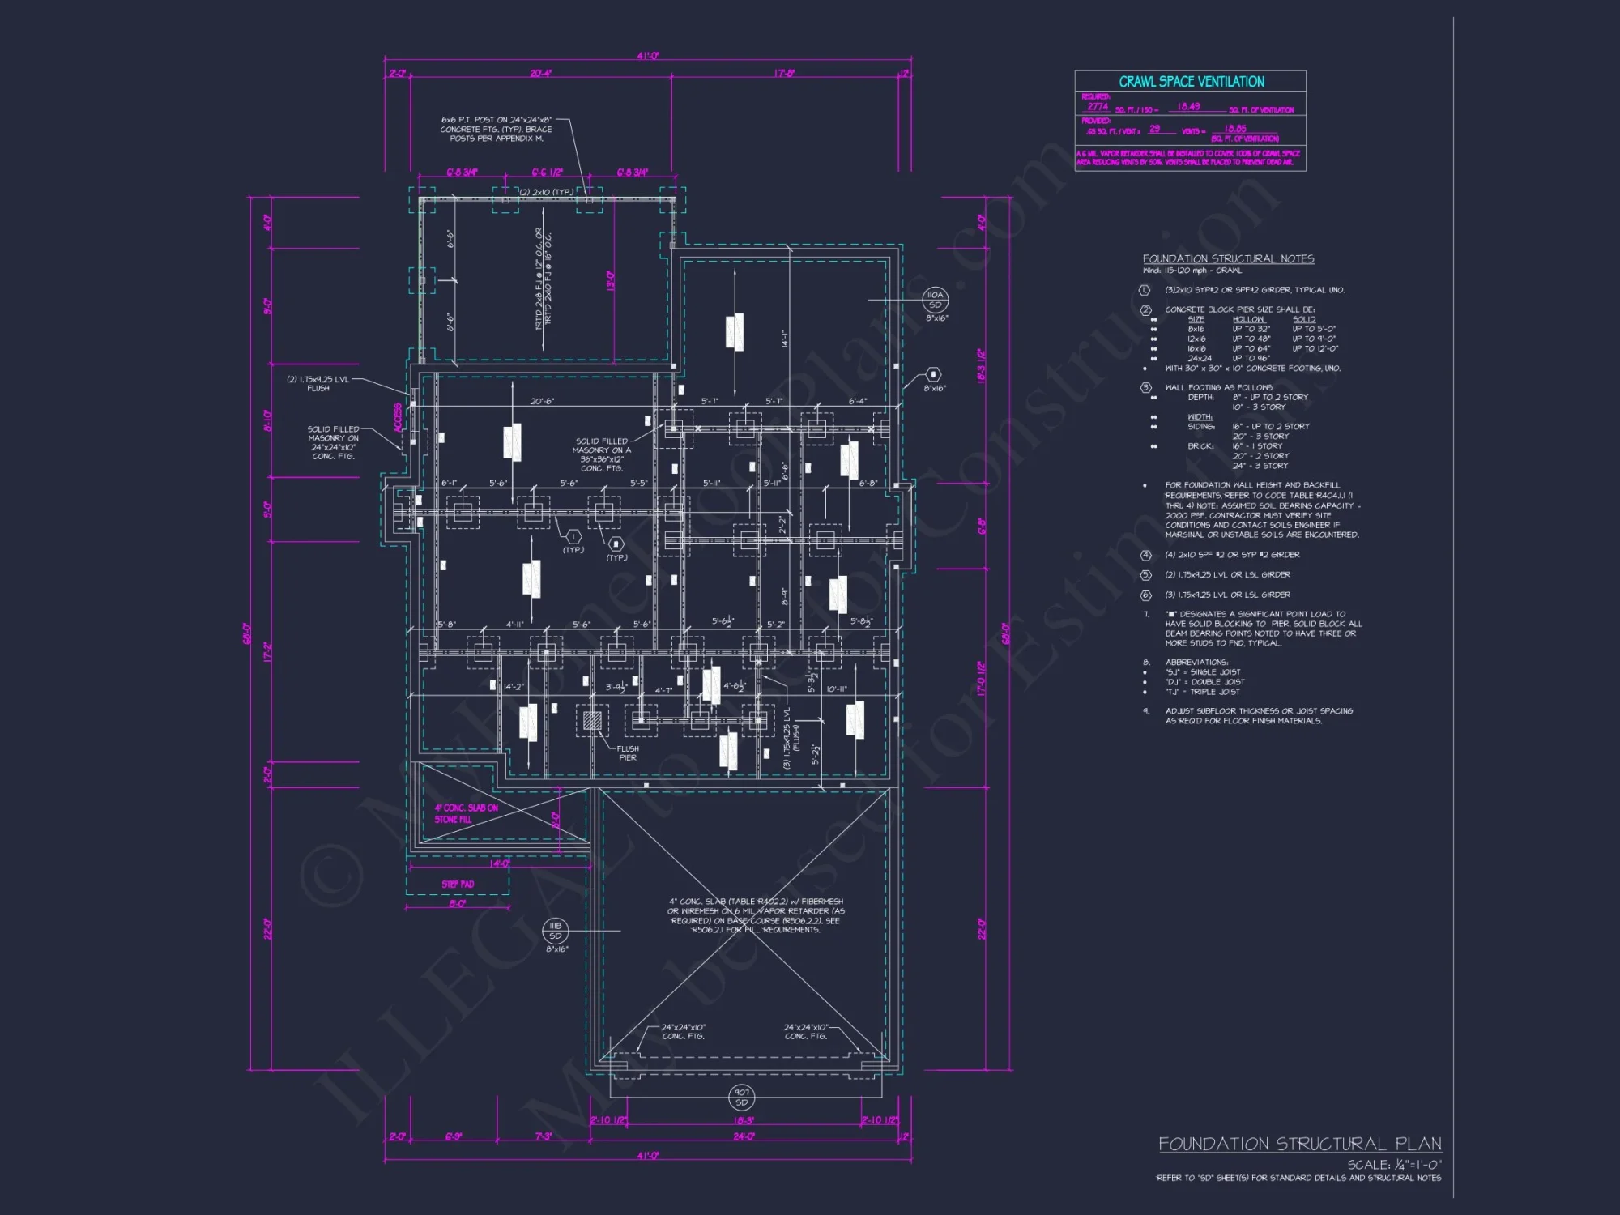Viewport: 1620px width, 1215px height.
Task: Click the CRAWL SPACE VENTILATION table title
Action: (x=1191, y=82)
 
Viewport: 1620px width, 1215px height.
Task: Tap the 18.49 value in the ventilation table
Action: (x=1188, y=107)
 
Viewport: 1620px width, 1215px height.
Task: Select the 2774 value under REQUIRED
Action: (x=1098, y=107)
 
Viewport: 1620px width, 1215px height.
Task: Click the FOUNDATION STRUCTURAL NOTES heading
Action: (x=1228, y=259)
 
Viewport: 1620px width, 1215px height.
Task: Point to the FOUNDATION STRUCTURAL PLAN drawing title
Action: (x=1299, y=1144)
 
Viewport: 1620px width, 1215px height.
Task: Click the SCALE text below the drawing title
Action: (x=1394, y=1165)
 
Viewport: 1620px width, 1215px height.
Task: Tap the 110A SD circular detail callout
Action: (x=936, y=300)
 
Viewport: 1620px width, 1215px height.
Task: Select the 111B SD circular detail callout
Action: (x=556, y=931)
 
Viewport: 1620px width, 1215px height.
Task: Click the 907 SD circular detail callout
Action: (x=742, y=1098)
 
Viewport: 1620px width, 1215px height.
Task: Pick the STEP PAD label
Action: (x=458, y=885)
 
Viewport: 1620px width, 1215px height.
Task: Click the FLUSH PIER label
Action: (x=628, y=753)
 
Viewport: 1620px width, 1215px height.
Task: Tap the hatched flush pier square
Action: (x=592, y=720)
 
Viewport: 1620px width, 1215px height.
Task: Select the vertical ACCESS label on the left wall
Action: (x=398, y=418)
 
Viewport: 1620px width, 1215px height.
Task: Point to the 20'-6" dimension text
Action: (x=542, y=402)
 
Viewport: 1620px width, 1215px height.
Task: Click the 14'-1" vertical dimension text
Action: (x=784, y=339)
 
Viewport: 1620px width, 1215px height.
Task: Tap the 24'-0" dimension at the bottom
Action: (x=744, y=1136)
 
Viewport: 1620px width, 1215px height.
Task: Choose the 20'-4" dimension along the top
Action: (x=541, y=74)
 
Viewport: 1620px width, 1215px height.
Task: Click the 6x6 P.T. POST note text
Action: (x=496, y=129)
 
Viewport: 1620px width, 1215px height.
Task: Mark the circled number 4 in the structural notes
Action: (x=1145, y=555)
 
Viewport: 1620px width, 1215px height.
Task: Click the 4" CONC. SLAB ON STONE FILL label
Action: (x=466, y=813)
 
